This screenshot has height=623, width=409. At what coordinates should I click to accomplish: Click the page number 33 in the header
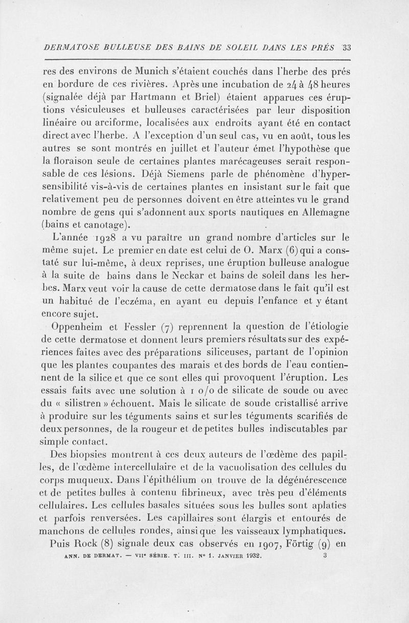click(346, 49)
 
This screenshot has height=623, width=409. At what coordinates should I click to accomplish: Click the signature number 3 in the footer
click(325, 558)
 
